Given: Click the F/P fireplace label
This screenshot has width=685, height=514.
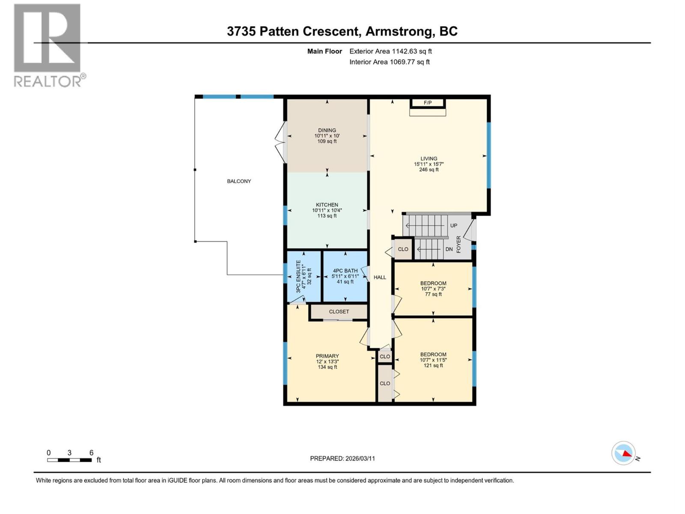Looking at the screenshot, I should (x=427, y=103).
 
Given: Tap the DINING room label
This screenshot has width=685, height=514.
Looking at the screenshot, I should (x=327, y=130).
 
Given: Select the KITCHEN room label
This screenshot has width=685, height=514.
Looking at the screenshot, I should (x=327, y=205).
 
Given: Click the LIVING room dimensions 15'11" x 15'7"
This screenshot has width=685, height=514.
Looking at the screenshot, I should (x=429, y=164).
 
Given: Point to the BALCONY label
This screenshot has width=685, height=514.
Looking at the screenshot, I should (x=239, y=181).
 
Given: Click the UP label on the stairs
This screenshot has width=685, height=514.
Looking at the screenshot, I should (x=453, y=225).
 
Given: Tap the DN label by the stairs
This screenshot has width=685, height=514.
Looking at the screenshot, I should (x=449, y=249).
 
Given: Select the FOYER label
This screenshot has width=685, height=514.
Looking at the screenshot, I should (x=459, y=244).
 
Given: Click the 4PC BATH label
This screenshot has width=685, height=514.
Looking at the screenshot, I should (x=345, y=271).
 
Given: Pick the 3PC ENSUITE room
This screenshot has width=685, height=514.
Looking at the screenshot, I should (x=304, y=276).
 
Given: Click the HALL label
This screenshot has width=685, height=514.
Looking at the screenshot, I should (x=380, y=277).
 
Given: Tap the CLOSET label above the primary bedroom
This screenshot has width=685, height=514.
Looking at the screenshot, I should (x=339, y=312).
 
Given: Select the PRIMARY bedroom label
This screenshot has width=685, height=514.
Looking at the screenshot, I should (x=328, y=356).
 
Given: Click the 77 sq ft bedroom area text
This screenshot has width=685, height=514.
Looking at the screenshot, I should (x=433, y=294).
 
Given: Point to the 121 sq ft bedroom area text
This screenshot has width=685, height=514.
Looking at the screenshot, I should (x=433, y=365).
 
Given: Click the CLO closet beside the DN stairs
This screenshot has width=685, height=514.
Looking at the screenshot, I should (x=403, y=249).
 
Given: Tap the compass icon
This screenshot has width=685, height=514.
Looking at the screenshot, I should (x=623, y=453).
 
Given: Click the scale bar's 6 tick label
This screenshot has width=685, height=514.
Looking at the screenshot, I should (x=91, y=453).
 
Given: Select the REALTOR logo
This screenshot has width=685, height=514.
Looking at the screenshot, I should (x=48, y=45).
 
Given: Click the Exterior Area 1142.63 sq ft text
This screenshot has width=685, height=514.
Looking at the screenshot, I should (x=390, y=51).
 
